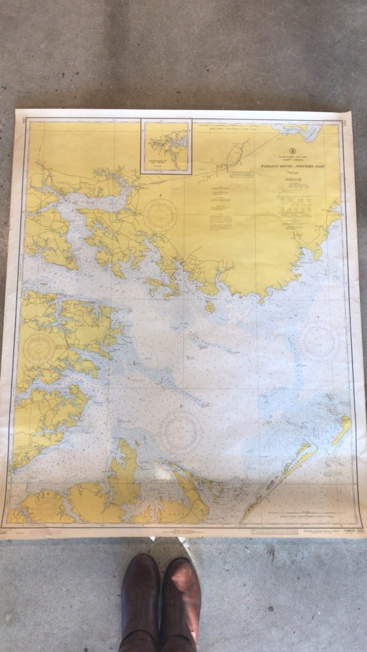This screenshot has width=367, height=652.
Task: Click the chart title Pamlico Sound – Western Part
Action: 292,166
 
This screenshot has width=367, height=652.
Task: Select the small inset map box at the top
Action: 166,146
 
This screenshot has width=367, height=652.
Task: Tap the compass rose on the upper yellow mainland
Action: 161,215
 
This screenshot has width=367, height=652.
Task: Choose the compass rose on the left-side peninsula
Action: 39,348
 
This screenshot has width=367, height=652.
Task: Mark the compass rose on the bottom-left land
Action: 46,507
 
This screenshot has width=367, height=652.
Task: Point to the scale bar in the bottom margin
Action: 274,530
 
